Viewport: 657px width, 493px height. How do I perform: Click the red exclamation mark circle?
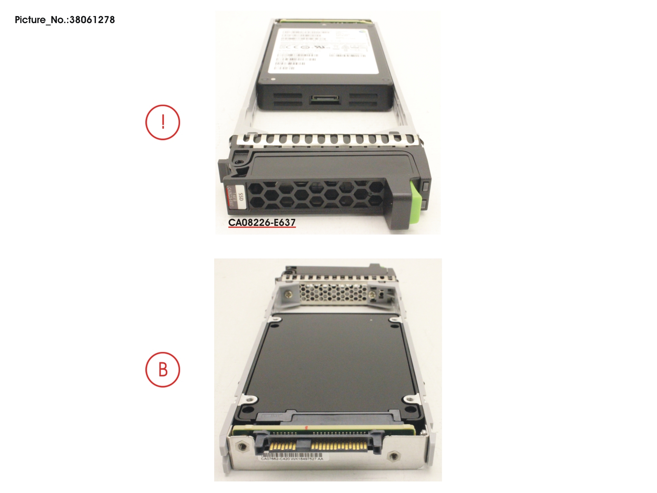[163, 122]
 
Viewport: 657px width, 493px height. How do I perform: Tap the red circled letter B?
[163, 369]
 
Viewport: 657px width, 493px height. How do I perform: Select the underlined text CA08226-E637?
[262, 223]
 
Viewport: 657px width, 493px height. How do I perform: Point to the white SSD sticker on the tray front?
[236, 197]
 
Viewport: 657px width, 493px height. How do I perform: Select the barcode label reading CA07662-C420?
[292, 458]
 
